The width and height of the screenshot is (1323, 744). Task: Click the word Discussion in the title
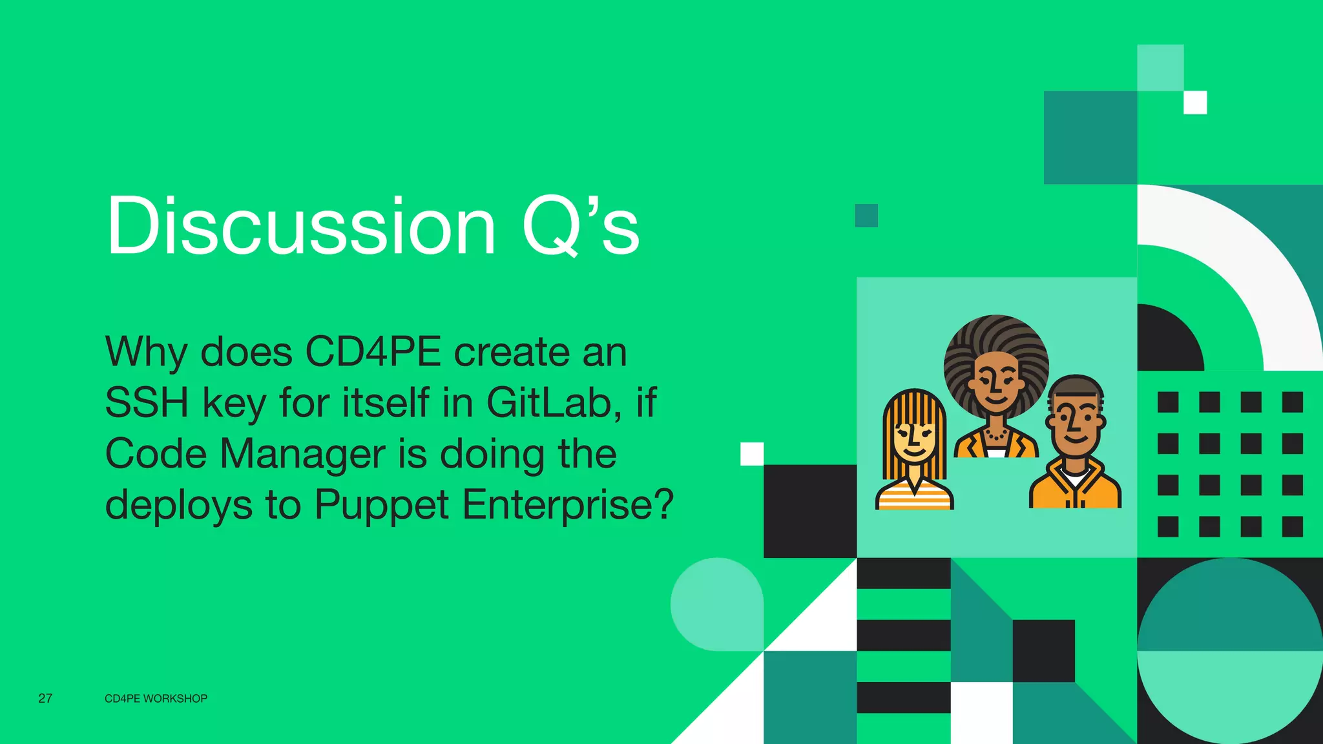coord(301,226)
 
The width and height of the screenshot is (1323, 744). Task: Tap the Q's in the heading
coord(580,226)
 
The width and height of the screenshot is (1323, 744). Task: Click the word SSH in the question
coord(146,402)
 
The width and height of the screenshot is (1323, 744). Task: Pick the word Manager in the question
coord(302,453)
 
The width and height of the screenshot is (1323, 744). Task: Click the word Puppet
coord(381,504)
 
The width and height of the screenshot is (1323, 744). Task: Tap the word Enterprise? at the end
coord(568,504)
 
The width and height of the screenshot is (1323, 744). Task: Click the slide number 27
coord(45,698)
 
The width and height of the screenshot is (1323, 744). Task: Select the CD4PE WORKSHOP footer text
coord(156,699)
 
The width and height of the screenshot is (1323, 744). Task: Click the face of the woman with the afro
coord(996,381)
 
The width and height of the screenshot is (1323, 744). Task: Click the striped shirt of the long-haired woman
coord(913,498)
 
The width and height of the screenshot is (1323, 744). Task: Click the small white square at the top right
coord(1195,103)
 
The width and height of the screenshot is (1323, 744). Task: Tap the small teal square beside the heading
coord(866,216)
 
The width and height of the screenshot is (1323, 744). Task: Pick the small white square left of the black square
coord(752,453)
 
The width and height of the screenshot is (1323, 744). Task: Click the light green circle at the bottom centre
coord(716,604)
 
